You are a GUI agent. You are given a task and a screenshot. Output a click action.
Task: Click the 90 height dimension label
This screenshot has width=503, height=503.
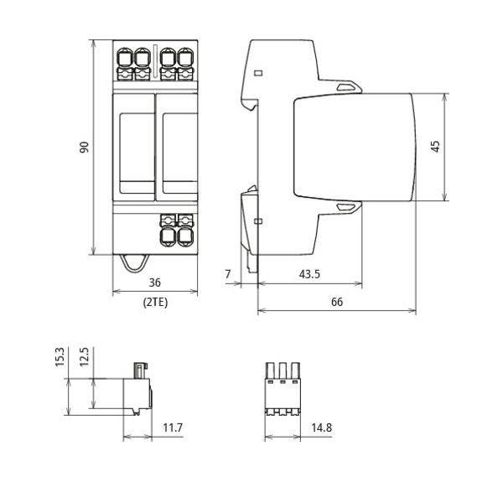coord(84,147)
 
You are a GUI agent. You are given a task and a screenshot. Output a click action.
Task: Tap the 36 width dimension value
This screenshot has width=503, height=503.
coord(154,283)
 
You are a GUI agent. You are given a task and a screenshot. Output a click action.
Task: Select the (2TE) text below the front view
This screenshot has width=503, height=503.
coord(155,303)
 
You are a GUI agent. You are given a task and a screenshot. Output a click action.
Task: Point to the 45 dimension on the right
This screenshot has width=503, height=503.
coord(435,147)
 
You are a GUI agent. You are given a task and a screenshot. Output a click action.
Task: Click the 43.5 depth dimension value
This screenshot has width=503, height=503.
coord(309,274)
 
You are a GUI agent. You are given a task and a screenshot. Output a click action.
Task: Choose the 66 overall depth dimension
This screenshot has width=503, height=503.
coord(337,302)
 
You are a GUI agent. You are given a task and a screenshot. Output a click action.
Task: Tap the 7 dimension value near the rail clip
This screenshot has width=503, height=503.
coord(228,274)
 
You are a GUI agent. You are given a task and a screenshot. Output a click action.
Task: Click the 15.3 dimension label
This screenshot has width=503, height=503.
coord(60,357)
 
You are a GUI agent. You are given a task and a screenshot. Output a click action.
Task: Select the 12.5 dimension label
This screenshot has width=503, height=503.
coord(84,357)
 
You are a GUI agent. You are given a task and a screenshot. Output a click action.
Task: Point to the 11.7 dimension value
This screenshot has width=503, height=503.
coord(173,428)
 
